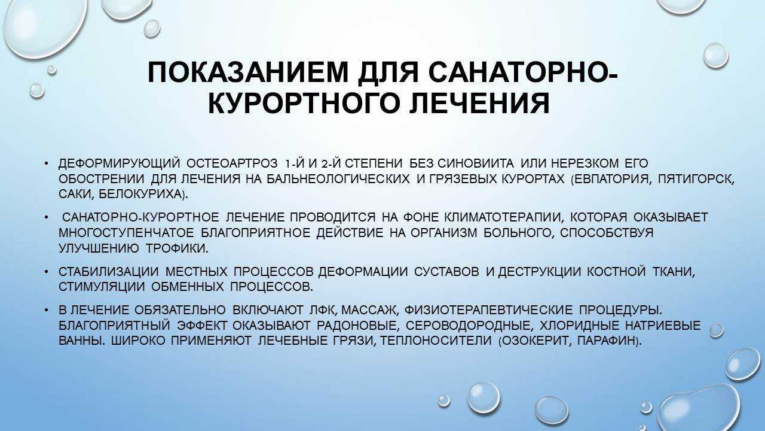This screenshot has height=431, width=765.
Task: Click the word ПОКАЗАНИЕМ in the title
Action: coord(248,72)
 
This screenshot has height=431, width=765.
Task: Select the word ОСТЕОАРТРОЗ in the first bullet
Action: coord(232,163)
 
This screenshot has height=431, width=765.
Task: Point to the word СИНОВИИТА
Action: coord(475,163)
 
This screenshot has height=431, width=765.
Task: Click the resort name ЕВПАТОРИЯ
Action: coord(613,179)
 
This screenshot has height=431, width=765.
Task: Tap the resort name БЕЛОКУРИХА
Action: coord(141,195)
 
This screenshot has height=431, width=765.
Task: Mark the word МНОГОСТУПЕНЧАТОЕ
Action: coord(126,233)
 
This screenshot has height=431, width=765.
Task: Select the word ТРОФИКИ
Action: coord(177,248)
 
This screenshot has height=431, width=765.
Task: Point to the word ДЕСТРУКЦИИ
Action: coord(539,272)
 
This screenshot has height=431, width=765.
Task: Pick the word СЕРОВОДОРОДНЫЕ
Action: coord(469,325)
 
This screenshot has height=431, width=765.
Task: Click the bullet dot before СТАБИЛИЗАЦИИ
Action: coord(47,272)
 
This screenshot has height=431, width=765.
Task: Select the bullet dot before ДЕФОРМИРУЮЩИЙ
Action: coord(47,164)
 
